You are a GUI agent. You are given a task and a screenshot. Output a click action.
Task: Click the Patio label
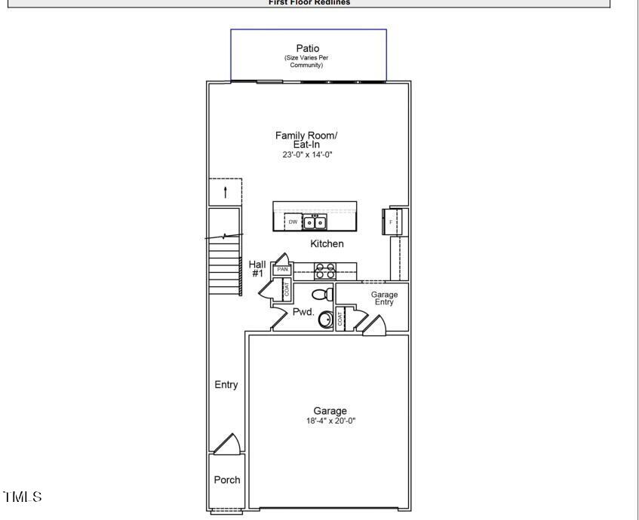(x=307, y=48)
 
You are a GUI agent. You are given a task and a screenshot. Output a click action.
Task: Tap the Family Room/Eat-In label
(x=306, y=139)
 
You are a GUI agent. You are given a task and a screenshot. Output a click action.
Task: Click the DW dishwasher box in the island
(x=293, y=222)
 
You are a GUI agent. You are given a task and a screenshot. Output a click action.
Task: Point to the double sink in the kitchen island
(x=315, y=222)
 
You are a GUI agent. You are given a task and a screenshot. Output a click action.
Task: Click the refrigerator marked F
(x=392, y=222)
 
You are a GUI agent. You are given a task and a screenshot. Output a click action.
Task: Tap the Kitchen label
(x=327, y=243)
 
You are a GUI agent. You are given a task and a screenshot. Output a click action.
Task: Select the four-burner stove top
(x=324, y=271)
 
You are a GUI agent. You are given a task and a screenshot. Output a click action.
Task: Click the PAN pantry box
(x=283, y=269)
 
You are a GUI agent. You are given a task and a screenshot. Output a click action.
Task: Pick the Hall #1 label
(x=257, y=268)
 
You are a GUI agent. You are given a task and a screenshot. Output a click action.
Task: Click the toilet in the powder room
(x=323, y=293)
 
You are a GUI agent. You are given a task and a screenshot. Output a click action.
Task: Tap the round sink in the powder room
(x=326, y=320)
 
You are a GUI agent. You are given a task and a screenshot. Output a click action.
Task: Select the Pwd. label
(x=303, y=311)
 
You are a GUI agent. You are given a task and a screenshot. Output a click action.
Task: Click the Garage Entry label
(x=383, y=298)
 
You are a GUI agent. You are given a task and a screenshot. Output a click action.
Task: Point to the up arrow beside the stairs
(x=225, y=191)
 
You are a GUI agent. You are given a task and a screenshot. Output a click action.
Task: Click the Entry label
(x=226, y=384)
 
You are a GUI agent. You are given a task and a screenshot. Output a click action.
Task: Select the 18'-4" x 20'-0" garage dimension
(x=330, y=421)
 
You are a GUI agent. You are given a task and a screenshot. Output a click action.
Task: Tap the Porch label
(x=227, y=479)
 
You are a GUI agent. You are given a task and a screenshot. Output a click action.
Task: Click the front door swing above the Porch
(x=227, y=445)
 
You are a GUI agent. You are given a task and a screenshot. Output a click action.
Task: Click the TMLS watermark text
(x=23, y=497)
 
